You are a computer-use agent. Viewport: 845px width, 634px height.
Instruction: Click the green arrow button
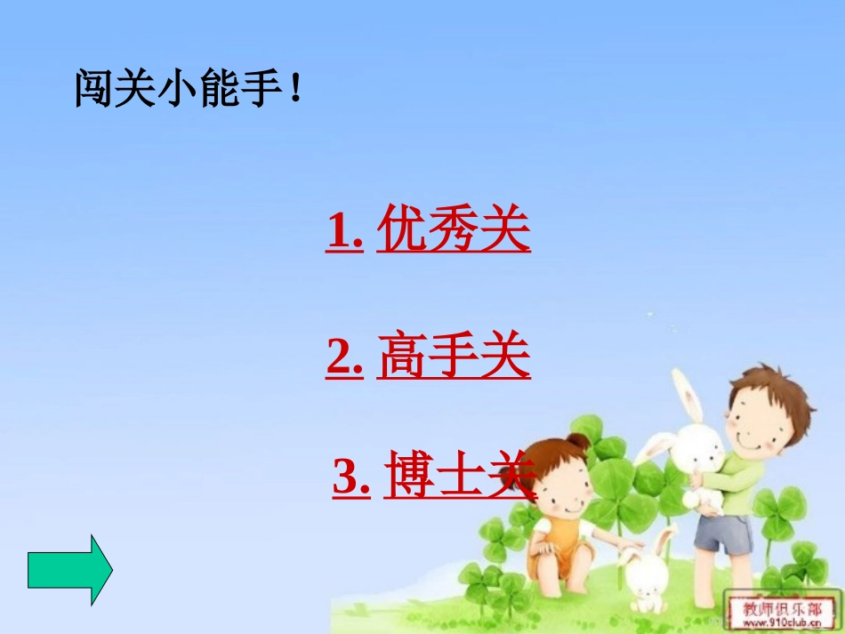coord(69,570)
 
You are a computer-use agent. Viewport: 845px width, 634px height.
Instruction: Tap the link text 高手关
coord(454,357)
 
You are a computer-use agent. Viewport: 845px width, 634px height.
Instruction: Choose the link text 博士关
coord(459,478)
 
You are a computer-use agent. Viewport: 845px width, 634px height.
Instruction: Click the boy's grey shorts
coord(721,531)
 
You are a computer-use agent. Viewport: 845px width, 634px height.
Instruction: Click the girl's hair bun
coord(579,441)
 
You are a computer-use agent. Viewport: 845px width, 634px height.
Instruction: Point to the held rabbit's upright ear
coord(685,395)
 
